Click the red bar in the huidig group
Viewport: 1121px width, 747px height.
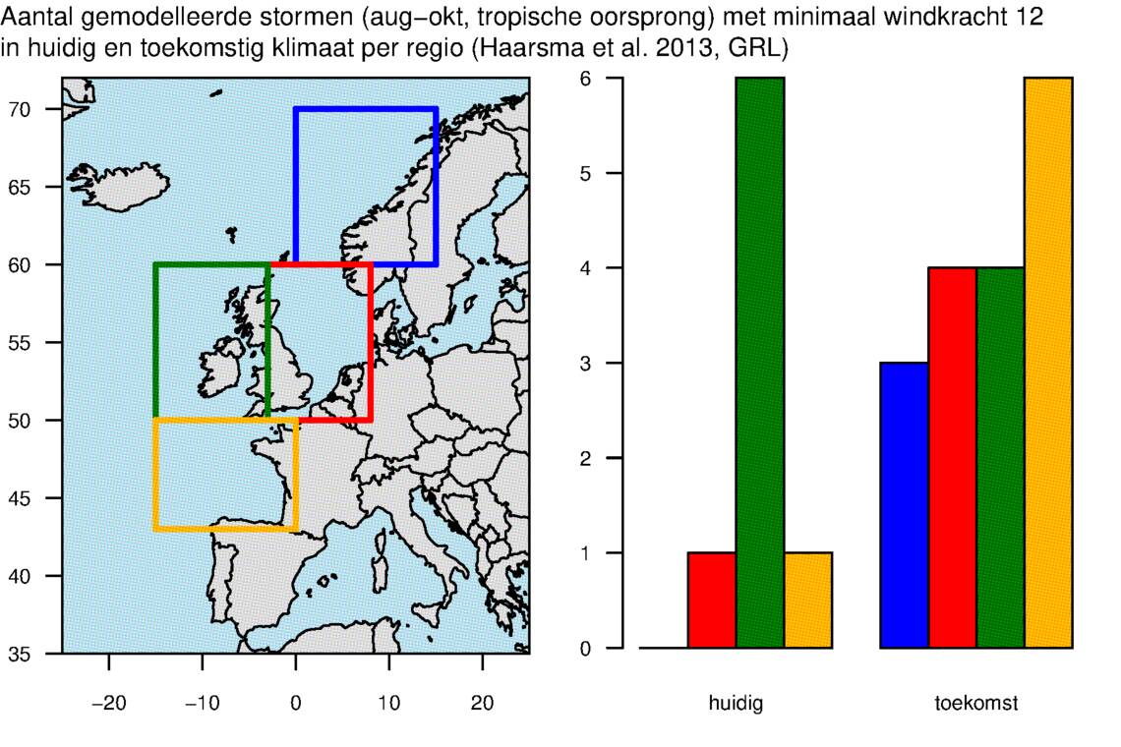tap(712, 601)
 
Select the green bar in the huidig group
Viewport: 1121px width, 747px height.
tap(760, 364)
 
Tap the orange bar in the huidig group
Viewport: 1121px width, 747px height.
tap(808, 601)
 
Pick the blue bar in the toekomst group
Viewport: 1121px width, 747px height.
tap(905, 505)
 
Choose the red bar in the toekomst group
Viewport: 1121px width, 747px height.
tap(953, 458)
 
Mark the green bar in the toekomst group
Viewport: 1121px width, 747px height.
tap(1001, 458)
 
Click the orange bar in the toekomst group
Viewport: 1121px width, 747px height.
tap(1048, 364)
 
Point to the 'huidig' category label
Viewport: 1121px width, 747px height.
tap(736, 704)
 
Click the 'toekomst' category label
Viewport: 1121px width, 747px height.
tap(975, 704)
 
